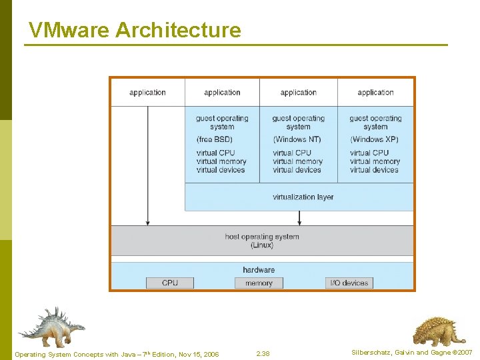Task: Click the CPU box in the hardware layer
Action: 170,283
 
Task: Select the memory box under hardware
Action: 259,283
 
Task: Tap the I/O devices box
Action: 349,283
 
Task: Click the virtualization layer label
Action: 303,197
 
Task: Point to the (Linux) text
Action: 262,245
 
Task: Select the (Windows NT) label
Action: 297,139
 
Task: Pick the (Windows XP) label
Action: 374,139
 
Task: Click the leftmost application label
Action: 147,92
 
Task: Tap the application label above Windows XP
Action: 375,92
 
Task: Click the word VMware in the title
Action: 69,30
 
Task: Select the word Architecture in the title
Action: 178,30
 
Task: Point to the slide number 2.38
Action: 263,353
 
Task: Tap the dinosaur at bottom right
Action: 438,331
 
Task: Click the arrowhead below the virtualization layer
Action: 299,221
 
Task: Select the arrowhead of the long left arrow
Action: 147,221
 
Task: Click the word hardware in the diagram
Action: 259,269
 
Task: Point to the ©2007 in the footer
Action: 461,352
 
